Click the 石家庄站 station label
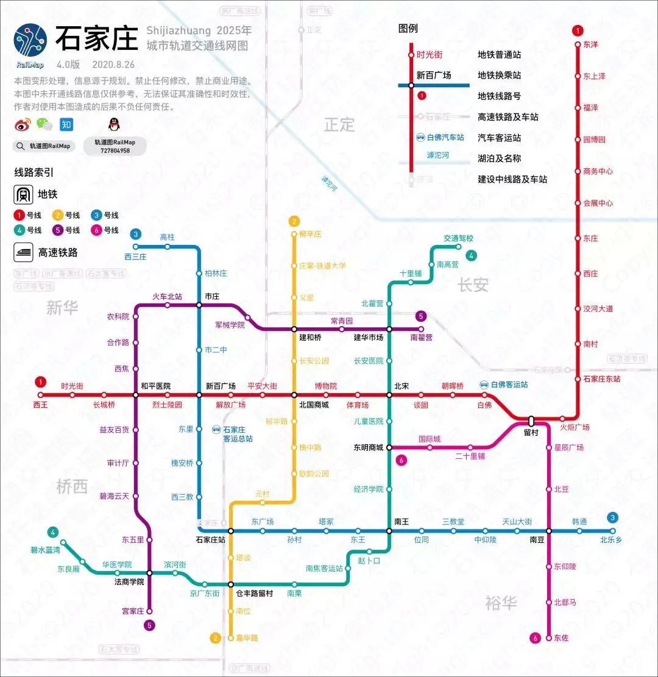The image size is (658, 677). [x=210, y=540]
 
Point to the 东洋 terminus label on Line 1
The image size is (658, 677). [x=590, y=44]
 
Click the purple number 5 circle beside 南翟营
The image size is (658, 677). [x=420, y=316]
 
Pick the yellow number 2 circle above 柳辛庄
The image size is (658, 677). [x=294, y=221]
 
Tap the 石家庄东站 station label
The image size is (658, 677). [x=601, y=379]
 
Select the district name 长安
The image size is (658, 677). [x=473, y=284]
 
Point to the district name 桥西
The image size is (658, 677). [x=72, y=486]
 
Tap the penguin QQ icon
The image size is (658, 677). [x=113, y=124]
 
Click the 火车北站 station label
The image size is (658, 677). [x=167, y=297]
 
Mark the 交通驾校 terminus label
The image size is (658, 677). [x=458, y=238]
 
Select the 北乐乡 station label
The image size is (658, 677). [x=610, y=540]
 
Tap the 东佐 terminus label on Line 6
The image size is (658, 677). [x=561, y=638]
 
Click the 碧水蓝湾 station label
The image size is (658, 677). [x=46, y=550]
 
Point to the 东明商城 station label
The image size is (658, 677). [x=368, y=448]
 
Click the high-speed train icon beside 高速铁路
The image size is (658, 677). [x=24, y=252]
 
